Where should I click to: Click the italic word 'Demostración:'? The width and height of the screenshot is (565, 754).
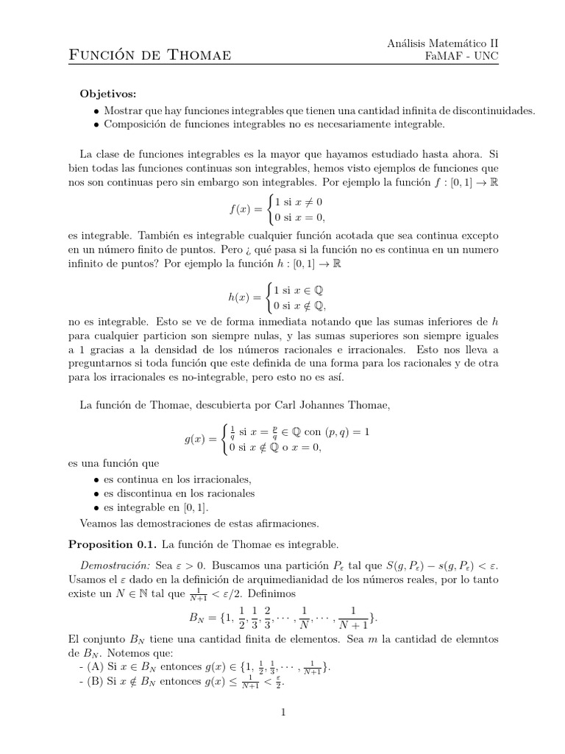[117, 565]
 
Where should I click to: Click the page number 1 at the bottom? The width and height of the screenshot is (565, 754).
[282, 712]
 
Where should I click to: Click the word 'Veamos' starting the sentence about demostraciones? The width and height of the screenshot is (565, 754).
[98, 524]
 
